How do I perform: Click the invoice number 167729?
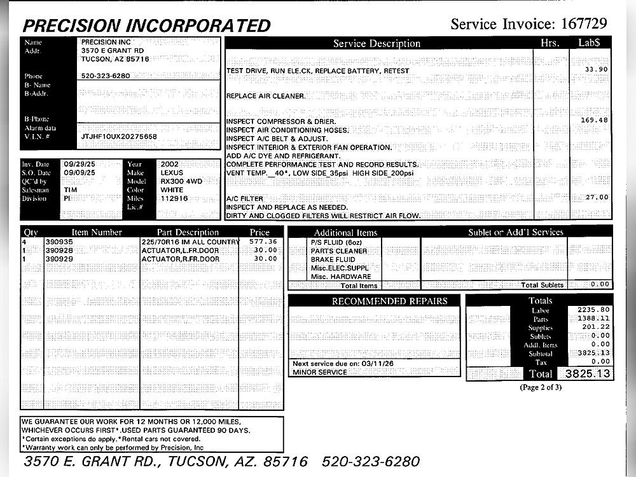point(584,24)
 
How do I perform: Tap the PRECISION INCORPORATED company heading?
point(146,25)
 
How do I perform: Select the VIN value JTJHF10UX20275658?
point(119,137)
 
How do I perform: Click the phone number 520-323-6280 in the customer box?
point(106,76)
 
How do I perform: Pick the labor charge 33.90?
point(596,69)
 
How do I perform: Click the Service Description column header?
point(377,44)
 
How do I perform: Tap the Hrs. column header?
point(550,43)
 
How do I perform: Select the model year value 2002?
point(170,164)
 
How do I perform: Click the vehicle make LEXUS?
point(172,172)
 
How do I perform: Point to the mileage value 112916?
point(174,198)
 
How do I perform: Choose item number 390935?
point(59,242)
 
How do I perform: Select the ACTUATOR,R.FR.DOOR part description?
point(180,259)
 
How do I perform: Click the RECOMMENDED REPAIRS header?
point(389,301)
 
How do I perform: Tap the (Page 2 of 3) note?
point(541,387)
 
